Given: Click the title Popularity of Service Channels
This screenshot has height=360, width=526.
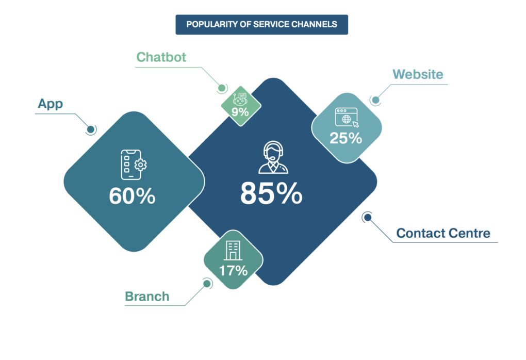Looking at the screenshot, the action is pyautogui.click(x=261, y=24).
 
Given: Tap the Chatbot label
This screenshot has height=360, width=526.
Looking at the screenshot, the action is pyautogui.click(x=161, y=57).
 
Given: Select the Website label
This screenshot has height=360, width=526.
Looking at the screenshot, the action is pyautogui.click(x=418, y=74).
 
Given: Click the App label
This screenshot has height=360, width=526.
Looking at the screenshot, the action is pyautogui.click(x=51, y=104).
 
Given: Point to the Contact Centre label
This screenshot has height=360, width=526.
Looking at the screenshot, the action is pyautogui.click(x=443, y=233).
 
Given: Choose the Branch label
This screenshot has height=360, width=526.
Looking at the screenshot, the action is pyautogui.click(x=147, y=297).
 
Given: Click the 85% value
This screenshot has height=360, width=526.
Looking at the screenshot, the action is pyautogui.click(x=271, y=193).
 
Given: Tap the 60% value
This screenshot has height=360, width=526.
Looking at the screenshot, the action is pyautogui.click(x=132, y=196).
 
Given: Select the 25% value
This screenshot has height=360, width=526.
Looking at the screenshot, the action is pyautogui.click(x=346, y=138).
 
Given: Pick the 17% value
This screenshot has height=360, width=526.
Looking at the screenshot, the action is pyautogui.click(x=233, y=271).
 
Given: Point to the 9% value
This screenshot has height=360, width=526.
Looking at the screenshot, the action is pyautogui.click(x=240, y=112).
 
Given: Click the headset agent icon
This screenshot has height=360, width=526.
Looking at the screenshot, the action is pyautogui.click(x=273, y=157).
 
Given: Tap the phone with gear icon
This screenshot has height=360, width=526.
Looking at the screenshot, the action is pyautogui.click(x=134, y=165).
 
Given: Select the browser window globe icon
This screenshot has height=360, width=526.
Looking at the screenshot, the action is pyautogui.click(x=347, y=118).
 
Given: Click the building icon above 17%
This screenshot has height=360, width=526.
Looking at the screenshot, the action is pyautogui.click(x=233, y=250).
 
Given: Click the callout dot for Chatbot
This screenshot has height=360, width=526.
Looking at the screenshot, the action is pyautogui.click(x=222, y=88).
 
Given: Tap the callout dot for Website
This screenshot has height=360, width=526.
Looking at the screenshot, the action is pyautogui.click(x=376, y=100).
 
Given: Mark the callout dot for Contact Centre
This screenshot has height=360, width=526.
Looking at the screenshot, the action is pyautogui.click(x=368, y=218).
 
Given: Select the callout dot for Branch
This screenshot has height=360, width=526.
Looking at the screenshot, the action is pyautogui.click(x=207, y=284).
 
